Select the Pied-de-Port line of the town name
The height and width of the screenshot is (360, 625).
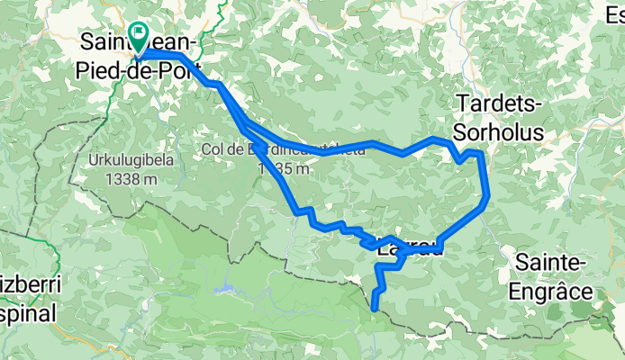coord(137,68)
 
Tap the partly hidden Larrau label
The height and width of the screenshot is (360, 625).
coord(411,249)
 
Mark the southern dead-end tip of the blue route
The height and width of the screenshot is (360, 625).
coord(375,309)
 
